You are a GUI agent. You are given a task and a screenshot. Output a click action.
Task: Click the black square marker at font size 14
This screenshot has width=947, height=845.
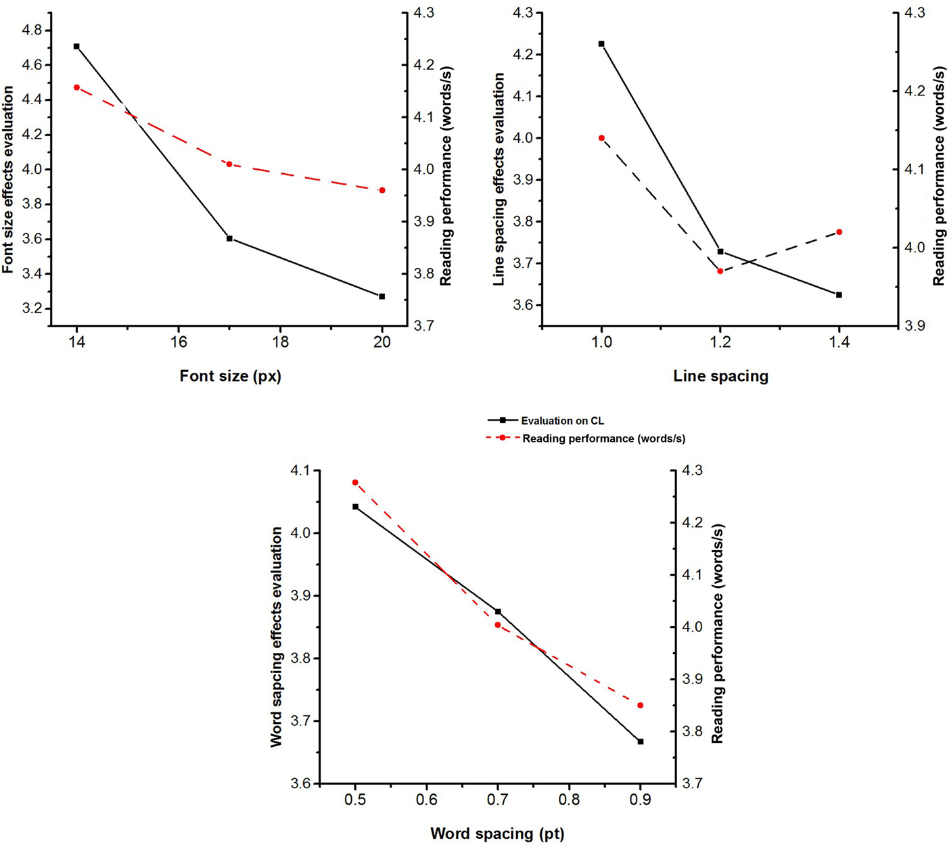(x=76, y=47)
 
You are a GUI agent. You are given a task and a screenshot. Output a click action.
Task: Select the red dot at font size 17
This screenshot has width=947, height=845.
(x=229, y=164)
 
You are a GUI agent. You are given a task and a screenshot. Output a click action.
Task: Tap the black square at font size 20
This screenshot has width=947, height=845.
(x=382, y=296)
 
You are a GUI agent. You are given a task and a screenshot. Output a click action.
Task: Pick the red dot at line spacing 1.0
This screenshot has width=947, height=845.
(x=601, y=138)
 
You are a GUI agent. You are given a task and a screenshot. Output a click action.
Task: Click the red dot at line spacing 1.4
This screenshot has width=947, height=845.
(x=839, y=232)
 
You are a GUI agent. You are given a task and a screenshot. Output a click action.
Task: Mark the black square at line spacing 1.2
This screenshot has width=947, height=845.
(x=720, y=252)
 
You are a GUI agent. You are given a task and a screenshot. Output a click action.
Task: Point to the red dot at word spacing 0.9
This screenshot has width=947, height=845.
(x=641, y=706)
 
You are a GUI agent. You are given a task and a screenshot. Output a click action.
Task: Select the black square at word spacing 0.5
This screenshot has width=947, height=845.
(x=355, y=507)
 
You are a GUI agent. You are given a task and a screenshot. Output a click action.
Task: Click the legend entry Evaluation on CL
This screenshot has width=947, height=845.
(x=562, y=421)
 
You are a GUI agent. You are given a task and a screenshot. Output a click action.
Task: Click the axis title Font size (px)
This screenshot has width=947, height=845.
(x=230, y=376)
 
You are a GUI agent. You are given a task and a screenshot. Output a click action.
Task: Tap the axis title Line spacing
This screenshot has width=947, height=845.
(x=720, y=376)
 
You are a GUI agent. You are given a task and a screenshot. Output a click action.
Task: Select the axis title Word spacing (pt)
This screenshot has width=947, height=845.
(x=497, y=833)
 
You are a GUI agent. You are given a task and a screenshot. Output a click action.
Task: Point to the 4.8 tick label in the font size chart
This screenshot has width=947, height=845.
(x=31, y=30)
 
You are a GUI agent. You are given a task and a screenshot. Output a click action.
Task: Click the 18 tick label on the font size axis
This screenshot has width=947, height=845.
(x=280, y=342)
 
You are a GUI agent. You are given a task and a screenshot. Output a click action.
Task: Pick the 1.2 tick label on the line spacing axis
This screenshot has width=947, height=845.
(x=720, y=342)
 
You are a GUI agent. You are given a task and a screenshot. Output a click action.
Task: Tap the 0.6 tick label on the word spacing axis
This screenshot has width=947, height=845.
(x=426, y=800)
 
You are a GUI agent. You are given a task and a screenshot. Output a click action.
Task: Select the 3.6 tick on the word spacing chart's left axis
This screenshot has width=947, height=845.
(x=301, y=784)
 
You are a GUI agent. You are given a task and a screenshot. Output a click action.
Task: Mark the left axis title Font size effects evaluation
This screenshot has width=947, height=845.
(x=8, y=179)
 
